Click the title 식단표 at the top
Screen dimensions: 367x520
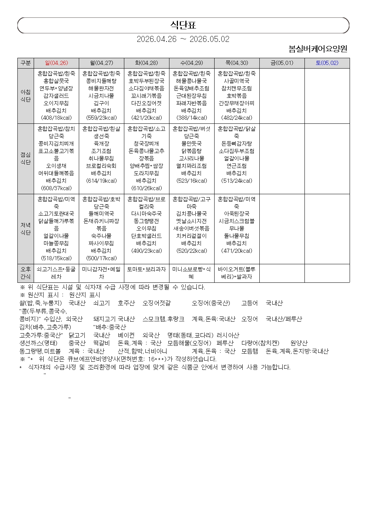(183, 25)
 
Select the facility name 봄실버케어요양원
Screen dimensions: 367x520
(318, 49)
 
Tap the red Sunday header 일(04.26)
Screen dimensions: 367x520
(56, 63)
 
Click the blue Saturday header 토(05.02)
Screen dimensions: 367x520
(327, 63)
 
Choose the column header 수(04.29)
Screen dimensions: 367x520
(192, 63)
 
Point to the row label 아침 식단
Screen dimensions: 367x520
(26, 96)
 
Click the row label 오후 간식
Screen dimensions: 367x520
(26, 273)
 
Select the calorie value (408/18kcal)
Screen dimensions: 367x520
(56, 118)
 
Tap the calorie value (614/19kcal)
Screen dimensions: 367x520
(101, 181)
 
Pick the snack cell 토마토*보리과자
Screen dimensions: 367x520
(147, 269)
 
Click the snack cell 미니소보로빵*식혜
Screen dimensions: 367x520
(192, 273)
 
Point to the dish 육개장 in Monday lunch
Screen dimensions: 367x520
(101, 144)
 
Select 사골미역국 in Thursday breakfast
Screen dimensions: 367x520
(237, 81)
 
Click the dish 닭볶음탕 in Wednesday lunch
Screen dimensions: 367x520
(192, 151)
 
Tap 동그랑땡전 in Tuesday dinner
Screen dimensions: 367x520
(147, 221)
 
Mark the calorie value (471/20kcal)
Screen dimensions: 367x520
(237, 251)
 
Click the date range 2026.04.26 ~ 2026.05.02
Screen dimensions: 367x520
(183, 39)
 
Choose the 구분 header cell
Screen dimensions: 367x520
(26, 63)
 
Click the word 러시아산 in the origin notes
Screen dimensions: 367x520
(228, 335)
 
